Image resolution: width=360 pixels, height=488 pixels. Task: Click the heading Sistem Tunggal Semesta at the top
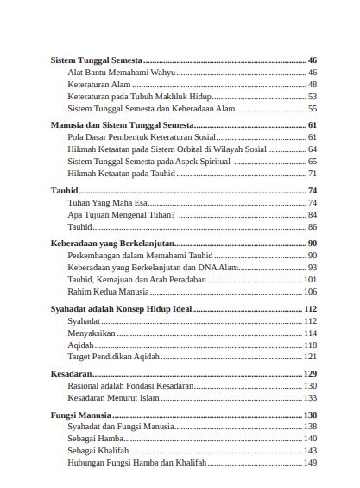coord(92,60)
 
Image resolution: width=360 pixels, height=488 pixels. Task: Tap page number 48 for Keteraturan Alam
coord(312,85)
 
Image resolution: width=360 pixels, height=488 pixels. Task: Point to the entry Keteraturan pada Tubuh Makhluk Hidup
coord(139,98)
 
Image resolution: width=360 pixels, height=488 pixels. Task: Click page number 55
coord(312,110)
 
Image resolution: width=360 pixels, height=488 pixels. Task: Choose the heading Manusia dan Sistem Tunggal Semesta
coord(114,125)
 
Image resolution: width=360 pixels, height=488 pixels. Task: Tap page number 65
coord(312,162)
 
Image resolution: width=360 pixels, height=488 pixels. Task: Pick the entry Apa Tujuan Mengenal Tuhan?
coord(121,214)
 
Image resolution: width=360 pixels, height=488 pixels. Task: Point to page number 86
coord(312,226)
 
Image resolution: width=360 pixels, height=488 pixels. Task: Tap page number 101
coord(310,280)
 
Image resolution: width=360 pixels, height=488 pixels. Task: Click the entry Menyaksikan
coord(91,333)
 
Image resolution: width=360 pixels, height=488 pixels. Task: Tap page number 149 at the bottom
coord(310,463)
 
